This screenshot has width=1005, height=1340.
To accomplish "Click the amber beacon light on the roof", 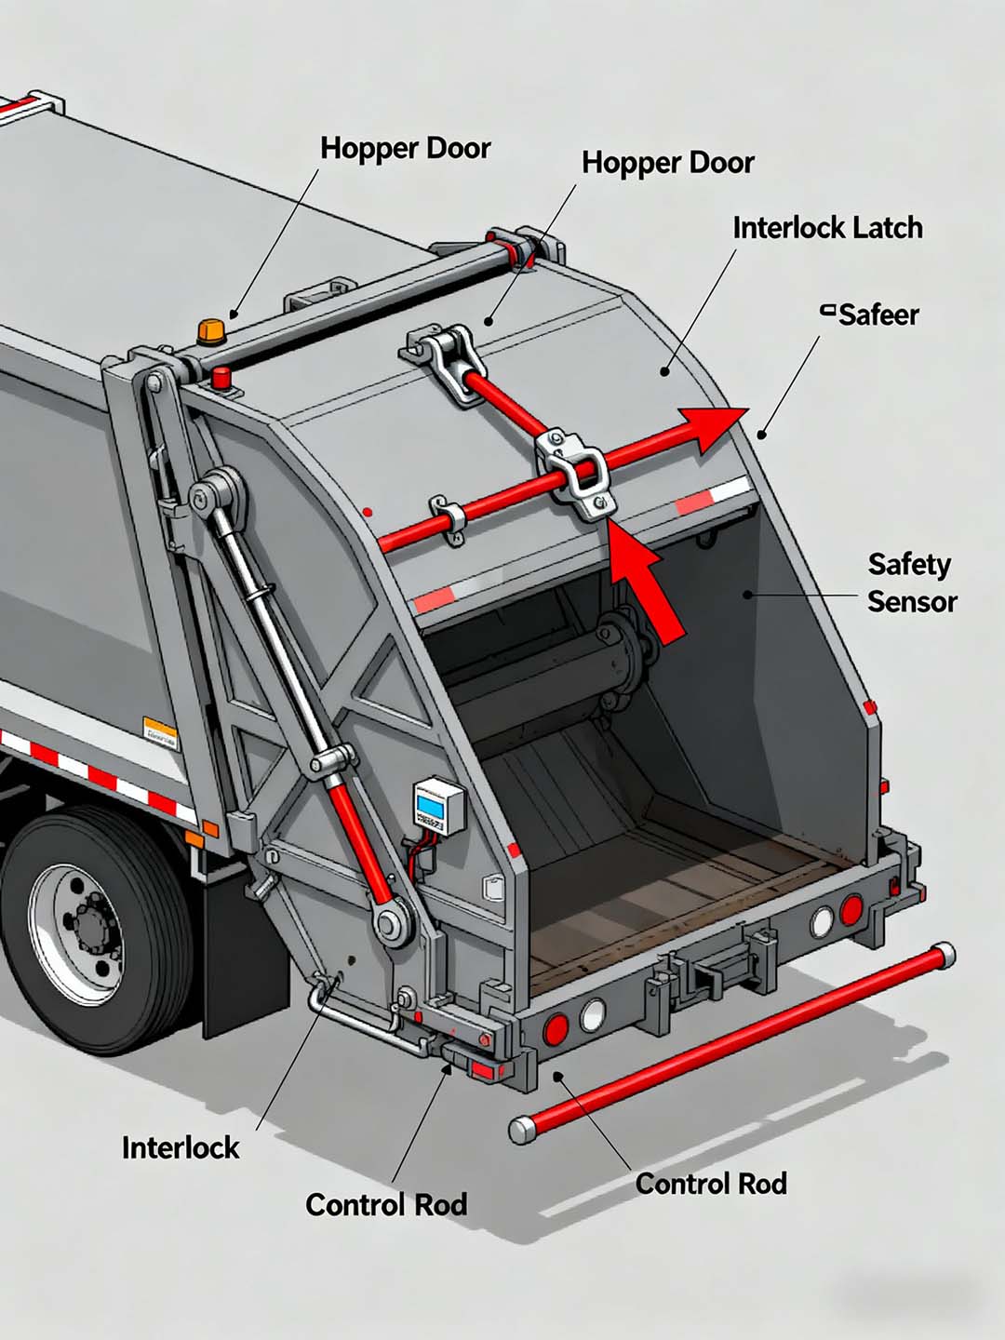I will pyautogui.click(x=211, y=330).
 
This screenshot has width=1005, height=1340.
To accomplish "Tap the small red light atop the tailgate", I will pyautogui.click(x=221, y=377).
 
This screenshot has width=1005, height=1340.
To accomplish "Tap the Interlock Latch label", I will pyautogui.click(x=826, y=228).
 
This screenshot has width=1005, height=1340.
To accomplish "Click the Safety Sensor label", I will pyautogui.click(x=910, y=583).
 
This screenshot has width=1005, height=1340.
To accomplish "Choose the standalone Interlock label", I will pyautogui.click(x=181, y=1147).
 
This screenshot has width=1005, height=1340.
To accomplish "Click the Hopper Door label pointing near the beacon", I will pyautogui.click(x=405, y=148).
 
